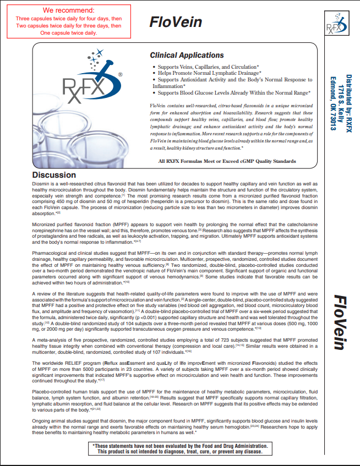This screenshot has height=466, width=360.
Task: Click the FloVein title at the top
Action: pyautogui.click(x=176, y=22)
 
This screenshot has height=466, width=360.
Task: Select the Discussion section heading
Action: pyautogui.click(x=54, y=176)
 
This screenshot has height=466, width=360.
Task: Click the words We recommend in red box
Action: pyautogui.click(x=69, y=10)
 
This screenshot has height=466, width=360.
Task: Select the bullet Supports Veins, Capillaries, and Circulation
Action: pyautogui.click(x=212, y=66)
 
